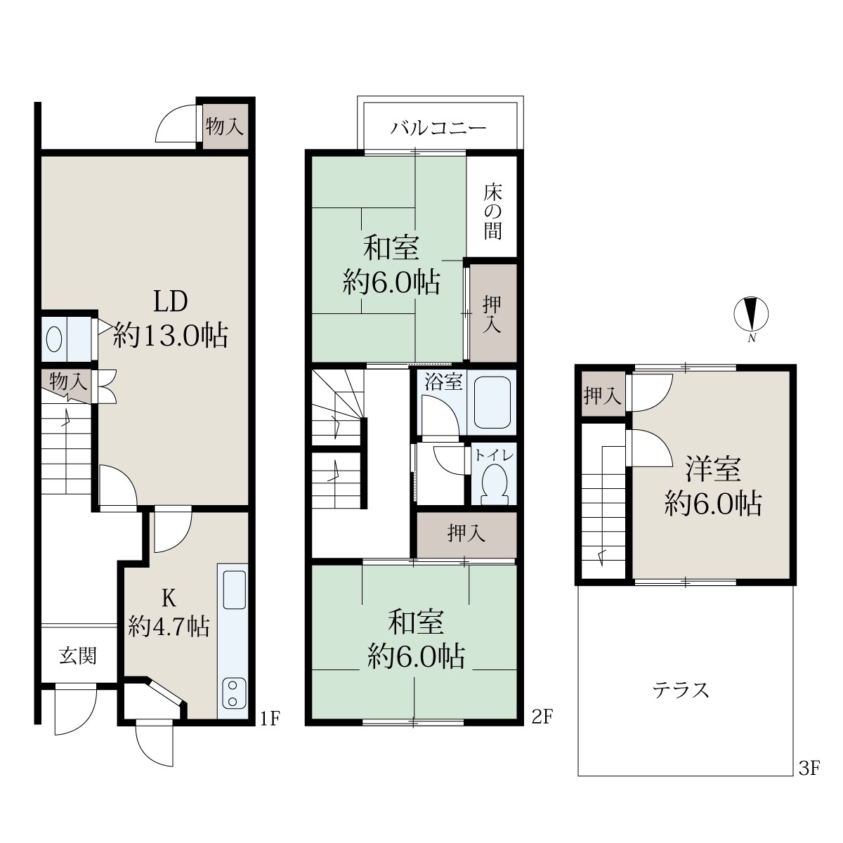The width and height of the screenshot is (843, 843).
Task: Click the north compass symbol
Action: pos(751,313)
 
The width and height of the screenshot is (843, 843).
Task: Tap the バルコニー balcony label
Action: pos(438,128)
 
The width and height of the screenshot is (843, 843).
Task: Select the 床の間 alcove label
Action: pos(492,211)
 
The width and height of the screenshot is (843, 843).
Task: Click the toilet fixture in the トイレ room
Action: pos(495,484)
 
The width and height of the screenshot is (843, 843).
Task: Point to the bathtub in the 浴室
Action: pos(492,403)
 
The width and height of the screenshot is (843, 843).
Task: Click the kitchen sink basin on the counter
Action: pos(235,589)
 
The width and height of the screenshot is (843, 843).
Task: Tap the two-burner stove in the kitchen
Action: pos(233,693)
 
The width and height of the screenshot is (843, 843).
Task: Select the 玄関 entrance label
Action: pos(77,655)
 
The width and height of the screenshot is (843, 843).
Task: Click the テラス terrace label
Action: pos(680,691)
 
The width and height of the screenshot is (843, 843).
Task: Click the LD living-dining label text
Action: pos(170,301)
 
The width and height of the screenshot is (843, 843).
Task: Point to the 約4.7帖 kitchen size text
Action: pos(169,627)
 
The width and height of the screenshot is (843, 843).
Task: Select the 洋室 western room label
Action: pos(712,469)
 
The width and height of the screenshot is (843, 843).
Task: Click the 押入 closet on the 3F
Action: pos(603,396)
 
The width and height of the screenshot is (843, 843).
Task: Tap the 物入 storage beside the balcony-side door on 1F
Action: pos(224,127)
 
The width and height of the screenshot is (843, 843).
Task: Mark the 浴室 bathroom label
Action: pos(443,382)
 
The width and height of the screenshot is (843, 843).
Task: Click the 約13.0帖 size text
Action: pos(171,336)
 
